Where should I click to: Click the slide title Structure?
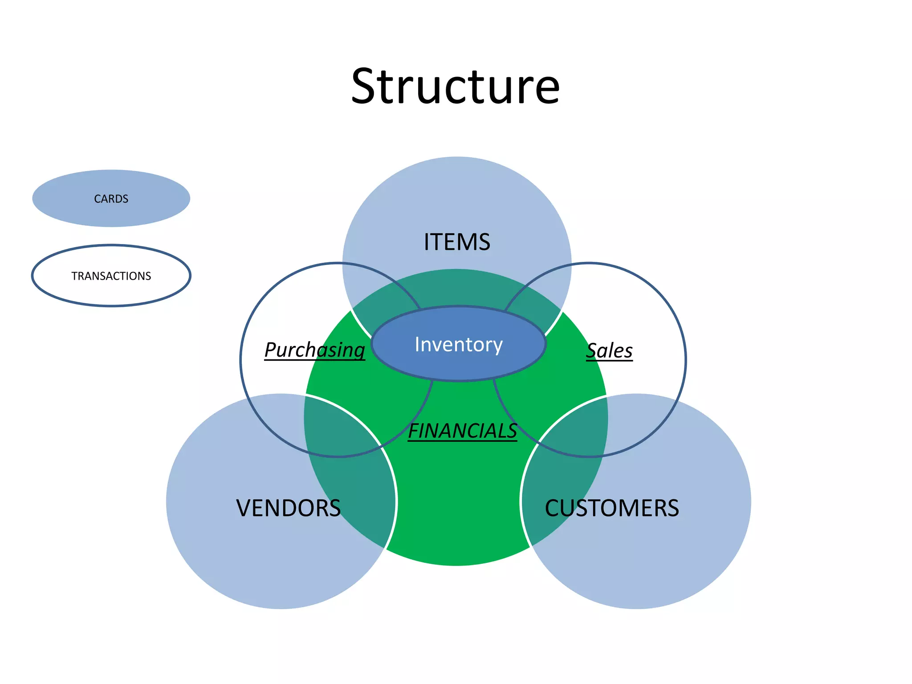pyautogui.click(x=455, y=86)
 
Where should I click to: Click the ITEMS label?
pyautogui.click(x=457, y=242)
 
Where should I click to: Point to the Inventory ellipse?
pyautogui.click(x=459, y=365)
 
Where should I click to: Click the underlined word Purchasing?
pyautogui.click(x=314, y=350)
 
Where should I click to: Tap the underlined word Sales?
pyautogui.click(x=609, y=351)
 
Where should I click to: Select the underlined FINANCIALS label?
pyautogui.click(x=462, y=431)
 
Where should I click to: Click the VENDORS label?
pyautogui.click(x=289, y=508)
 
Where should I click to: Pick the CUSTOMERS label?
pyautogui.click(x=612, y=508)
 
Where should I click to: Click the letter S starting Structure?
pyautogui.click(x=366, y=86)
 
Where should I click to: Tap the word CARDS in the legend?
pyautogui.click(x=111, y=199)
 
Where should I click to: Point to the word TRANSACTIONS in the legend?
pyautogui.click(x=111, y=276)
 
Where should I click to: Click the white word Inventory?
pyautogui.click(x=459, y=344)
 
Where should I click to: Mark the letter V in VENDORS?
pyautogui.click(x=244, y=508)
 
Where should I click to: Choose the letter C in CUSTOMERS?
pyautogui.click(x=553, y=508)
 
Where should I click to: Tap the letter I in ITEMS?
pyautogui.click(x=427, y=242)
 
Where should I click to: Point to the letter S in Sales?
pyautogui.click(x=592, y=351)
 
